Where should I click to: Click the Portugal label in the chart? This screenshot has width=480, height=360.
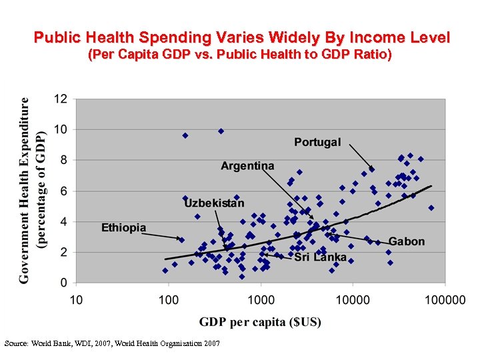pos(317,142)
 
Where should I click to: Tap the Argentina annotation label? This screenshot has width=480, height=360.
pos(247,165)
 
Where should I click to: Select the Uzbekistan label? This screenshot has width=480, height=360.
pos(214,203)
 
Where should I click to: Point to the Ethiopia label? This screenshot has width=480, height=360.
pos(123,228)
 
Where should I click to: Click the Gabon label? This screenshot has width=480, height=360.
pos(406,241)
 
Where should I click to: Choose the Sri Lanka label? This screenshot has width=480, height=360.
pos(320,257)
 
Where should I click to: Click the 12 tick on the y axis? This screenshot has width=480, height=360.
pos(61,99)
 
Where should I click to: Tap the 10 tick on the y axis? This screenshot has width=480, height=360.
pos(61,129)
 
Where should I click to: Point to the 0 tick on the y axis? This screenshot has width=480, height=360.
pos(64,283)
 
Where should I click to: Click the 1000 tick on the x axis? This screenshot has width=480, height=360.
pos(260,300)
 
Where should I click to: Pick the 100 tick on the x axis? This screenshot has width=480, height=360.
pos(168,300)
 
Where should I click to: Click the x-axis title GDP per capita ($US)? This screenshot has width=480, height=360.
pos(260,322)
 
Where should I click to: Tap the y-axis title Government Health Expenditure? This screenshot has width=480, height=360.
pos(25,190)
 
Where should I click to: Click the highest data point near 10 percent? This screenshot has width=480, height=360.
pos(221,131)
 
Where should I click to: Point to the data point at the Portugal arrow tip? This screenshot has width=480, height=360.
pos(371,169)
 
